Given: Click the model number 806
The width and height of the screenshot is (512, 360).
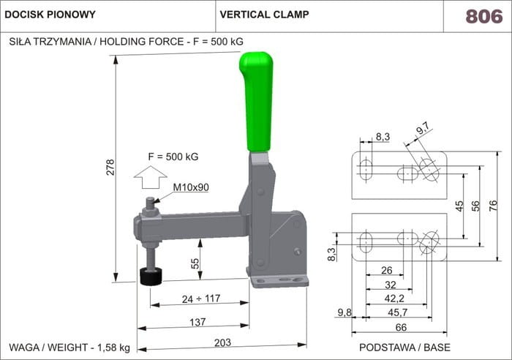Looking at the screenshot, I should point(484,16).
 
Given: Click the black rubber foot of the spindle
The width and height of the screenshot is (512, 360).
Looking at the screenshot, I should point(152,278).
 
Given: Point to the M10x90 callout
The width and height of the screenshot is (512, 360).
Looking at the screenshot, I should point(191,187).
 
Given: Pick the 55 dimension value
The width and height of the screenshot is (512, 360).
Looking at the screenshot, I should point(195,263).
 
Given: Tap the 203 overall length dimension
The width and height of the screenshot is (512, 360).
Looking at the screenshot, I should point(223,342).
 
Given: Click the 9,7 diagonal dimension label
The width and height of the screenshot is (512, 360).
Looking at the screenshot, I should point(423,130).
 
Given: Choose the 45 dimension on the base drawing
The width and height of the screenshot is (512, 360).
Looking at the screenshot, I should point(459,206).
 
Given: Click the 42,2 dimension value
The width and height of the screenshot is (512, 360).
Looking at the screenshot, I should point(394,299).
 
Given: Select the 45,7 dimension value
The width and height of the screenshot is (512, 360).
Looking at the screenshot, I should point(399,312).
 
